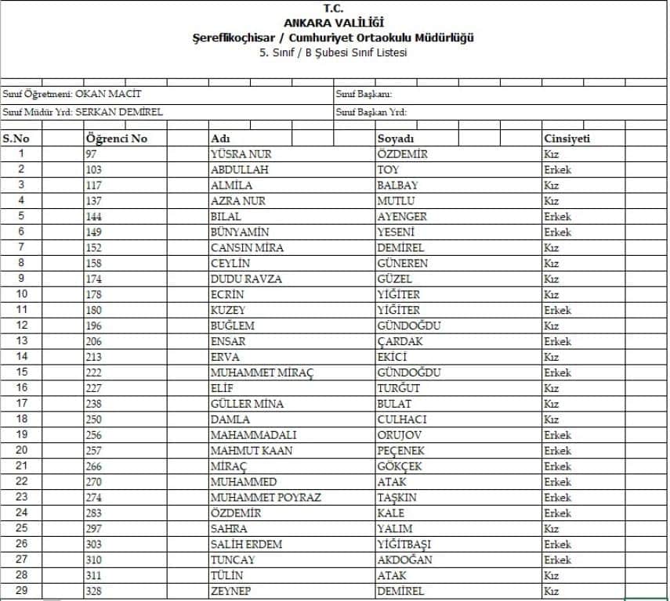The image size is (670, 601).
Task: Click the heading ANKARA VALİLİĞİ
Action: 335,23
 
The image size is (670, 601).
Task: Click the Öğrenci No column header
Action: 116,139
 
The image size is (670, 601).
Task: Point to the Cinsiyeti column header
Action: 567,139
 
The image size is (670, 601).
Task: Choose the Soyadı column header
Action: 396,139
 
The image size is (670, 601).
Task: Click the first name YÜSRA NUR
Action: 241,154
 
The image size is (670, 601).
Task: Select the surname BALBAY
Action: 397,185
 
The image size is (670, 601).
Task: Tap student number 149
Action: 94,232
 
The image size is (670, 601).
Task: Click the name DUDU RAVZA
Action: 246,279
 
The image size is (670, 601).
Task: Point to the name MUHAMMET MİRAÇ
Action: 262,372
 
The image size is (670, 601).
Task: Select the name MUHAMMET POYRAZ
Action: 266,498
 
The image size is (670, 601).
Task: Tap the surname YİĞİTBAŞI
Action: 404,545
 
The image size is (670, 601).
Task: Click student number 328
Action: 94,592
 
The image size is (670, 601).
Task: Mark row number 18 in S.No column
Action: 21,419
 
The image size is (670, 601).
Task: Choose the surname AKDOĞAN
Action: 404,560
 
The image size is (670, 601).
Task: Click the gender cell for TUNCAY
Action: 557,560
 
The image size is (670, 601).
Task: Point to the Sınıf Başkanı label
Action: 364,94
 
